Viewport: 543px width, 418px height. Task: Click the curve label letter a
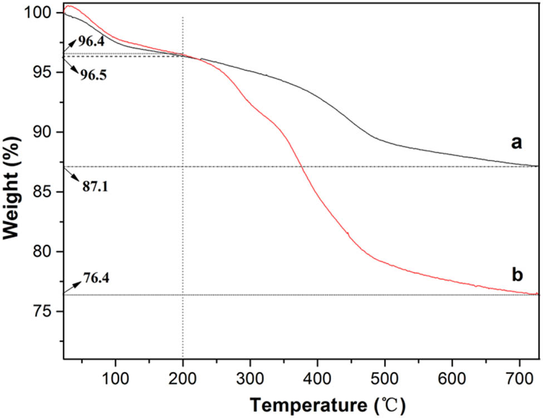(516, 144)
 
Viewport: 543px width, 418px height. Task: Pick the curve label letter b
(516, 274)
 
